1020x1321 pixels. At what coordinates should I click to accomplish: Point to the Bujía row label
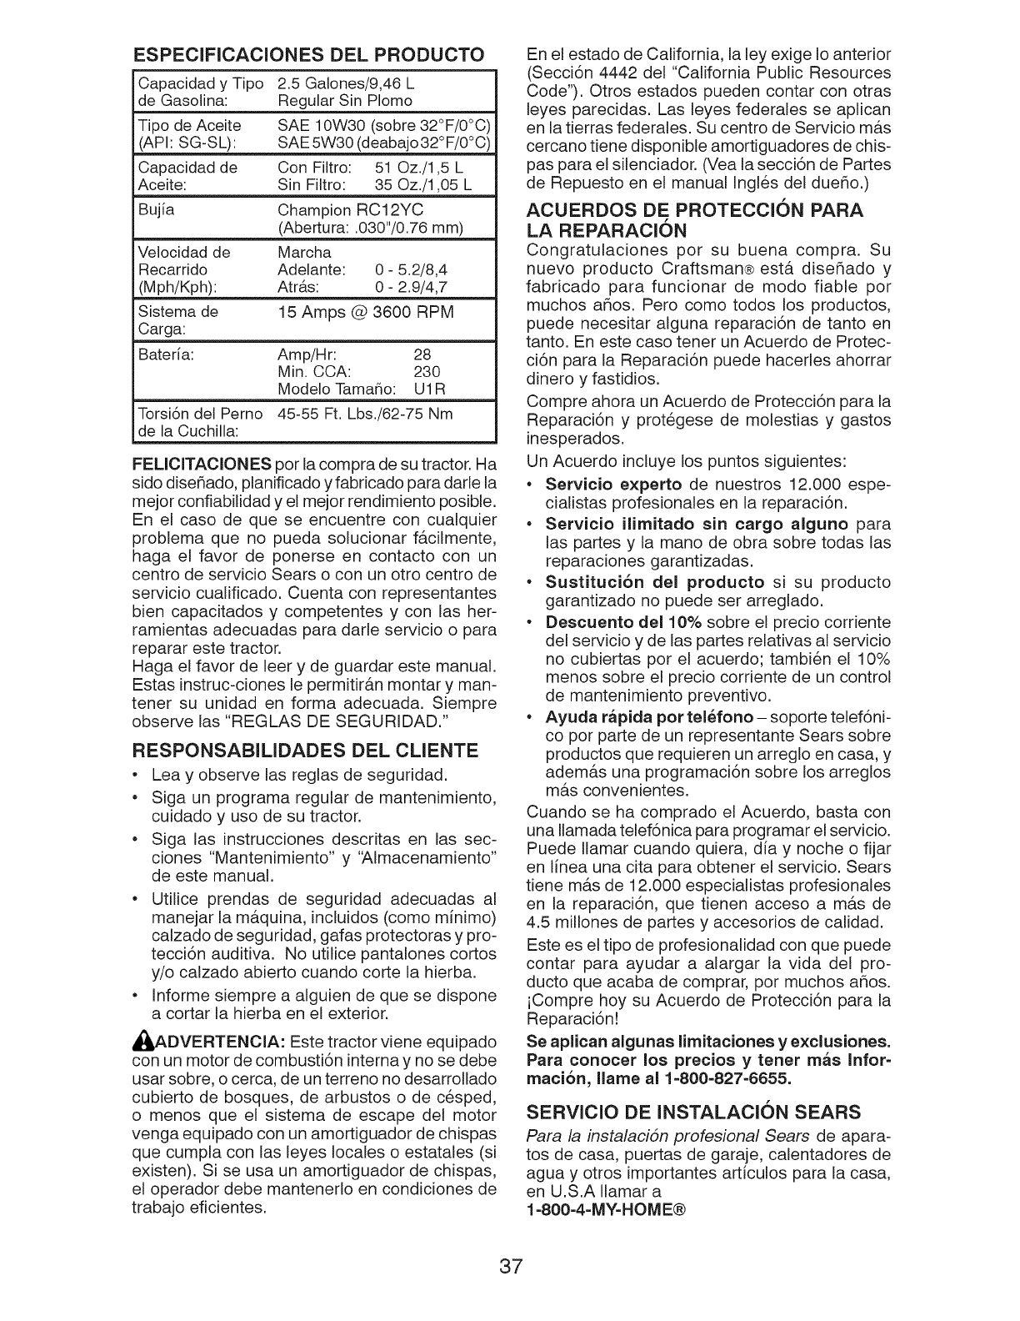(152, 211)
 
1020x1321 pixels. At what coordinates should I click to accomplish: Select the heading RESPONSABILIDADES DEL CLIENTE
(305, 750)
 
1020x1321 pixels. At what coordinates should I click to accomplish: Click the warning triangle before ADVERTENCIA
(141, 1043)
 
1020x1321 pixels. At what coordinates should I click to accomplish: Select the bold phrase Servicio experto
(612, 485)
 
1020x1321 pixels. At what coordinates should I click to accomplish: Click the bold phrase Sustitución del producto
(654, 581)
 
